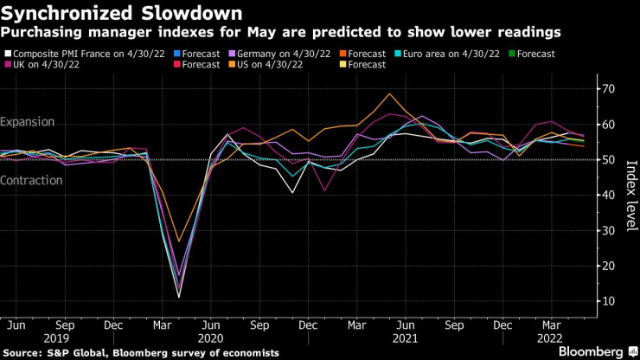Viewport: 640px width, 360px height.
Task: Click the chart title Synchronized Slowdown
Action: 121,13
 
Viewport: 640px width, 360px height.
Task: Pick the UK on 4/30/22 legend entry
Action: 47,65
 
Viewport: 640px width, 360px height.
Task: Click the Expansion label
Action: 28,123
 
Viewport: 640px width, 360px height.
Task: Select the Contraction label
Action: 32,181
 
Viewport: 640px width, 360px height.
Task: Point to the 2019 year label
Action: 57,338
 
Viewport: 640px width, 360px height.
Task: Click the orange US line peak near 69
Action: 389,93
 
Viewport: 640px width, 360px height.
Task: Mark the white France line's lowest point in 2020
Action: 180,297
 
